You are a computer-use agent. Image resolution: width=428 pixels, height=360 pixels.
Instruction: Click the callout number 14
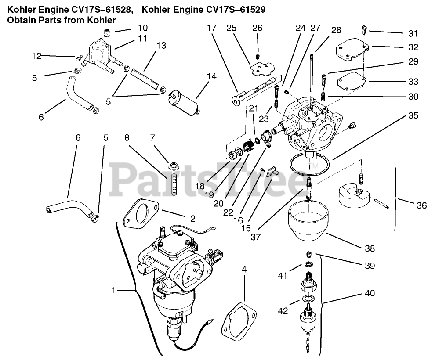[x=211, y=76]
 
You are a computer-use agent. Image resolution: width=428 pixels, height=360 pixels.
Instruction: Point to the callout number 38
[x=370, y=248]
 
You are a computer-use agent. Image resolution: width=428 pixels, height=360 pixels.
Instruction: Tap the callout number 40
[x=370, y=293]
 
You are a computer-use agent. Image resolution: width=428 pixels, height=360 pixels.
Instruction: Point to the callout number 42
[x=283, y=310]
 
